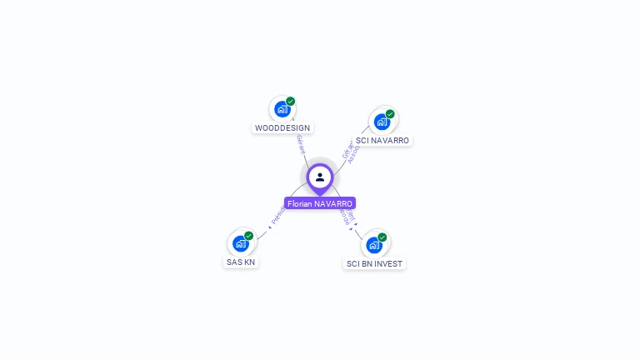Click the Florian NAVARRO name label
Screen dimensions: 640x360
320,203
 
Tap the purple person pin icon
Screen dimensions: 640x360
320,177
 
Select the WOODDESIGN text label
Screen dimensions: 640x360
282,128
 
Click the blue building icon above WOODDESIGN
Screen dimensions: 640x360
282,109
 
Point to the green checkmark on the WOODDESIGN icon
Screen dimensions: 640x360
291,102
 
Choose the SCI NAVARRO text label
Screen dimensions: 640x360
382,141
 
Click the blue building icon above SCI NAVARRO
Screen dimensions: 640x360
382,122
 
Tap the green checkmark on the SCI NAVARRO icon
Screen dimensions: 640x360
390,114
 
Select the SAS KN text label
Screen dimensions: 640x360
241,262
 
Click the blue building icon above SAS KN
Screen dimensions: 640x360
241,243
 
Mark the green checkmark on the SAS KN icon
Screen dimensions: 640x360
249,236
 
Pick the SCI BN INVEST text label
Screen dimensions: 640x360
374,264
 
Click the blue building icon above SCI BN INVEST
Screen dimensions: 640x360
374,245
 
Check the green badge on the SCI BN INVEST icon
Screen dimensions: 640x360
382,237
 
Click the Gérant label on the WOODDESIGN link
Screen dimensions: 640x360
300,144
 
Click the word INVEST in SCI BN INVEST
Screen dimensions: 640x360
387,264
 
